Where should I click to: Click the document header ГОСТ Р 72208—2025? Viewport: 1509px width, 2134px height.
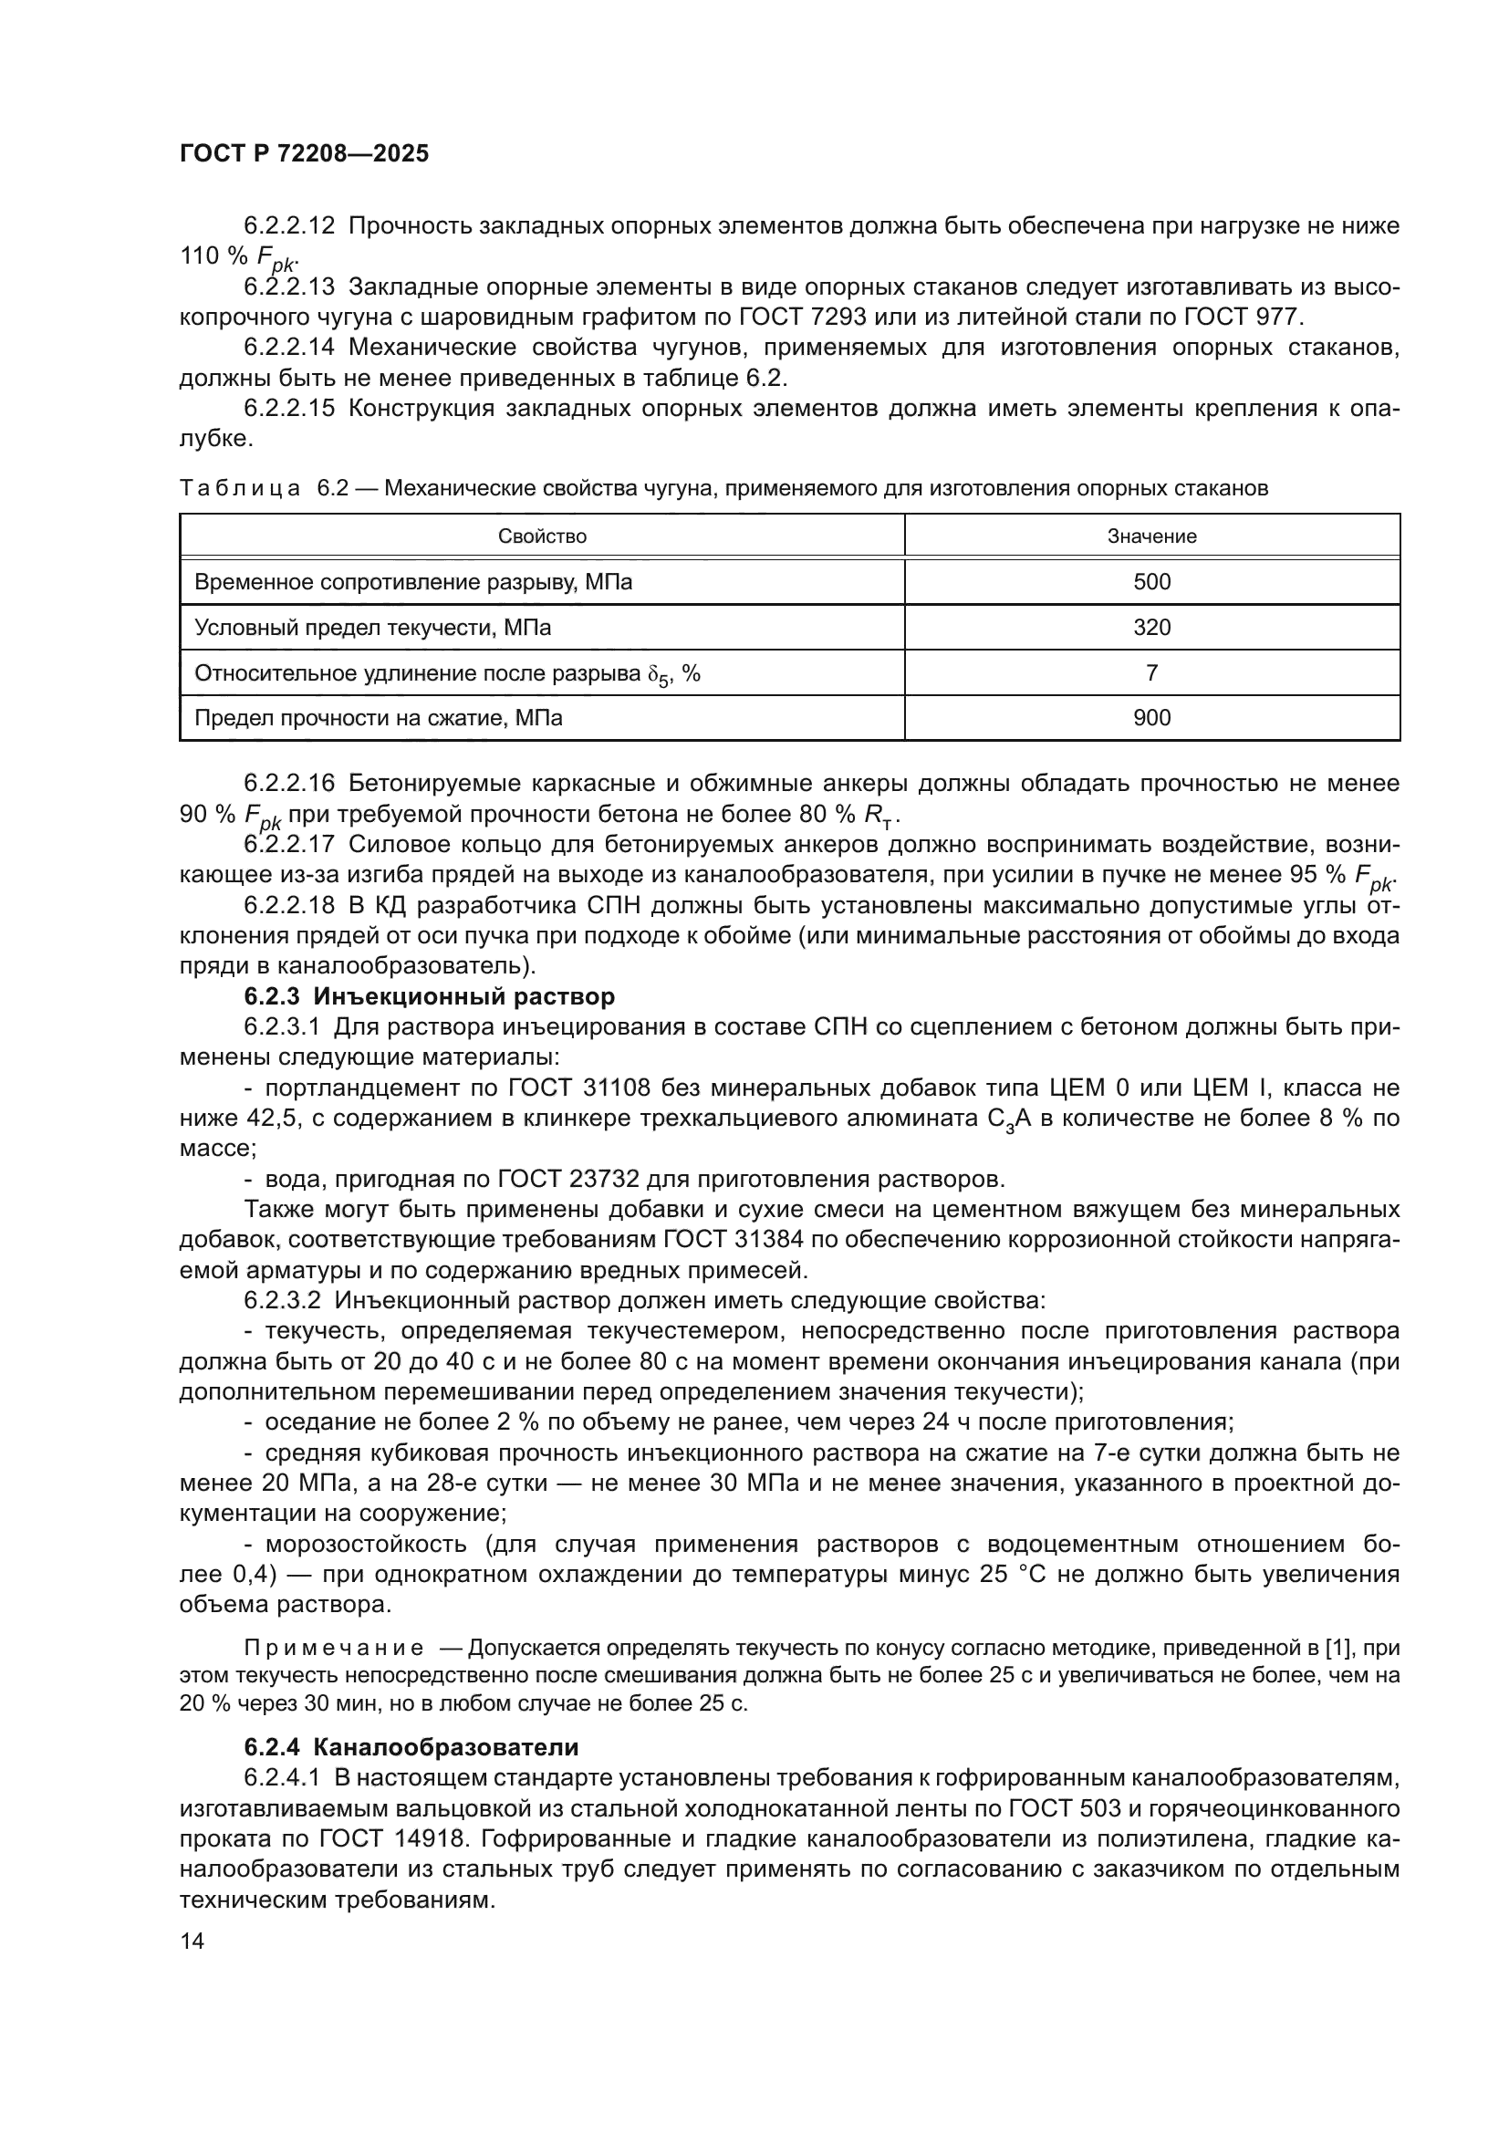[304, 154]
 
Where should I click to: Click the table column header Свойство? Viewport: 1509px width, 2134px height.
[542, 536]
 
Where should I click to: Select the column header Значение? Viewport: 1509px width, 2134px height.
[1151, 536]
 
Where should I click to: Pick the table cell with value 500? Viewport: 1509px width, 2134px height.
[1151, 582]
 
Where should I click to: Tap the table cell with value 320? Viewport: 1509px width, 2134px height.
[1151, 628]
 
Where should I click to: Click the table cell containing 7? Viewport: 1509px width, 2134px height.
[1151, 673]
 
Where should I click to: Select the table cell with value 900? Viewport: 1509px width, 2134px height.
[1151, 717]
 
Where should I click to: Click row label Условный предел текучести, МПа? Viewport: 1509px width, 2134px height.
[372, 628]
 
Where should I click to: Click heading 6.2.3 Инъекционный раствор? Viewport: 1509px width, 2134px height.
[430, 996]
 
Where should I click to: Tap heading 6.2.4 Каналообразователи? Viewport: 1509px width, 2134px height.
[411, 1747]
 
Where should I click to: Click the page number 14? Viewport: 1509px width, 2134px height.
[192, 1941]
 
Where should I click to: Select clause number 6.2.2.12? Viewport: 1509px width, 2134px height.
[288, 226]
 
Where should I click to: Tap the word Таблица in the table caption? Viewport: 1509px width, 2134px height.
[239, 488]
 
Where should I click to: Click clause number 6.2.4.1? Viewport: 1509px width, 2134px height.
[282, 1778]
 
